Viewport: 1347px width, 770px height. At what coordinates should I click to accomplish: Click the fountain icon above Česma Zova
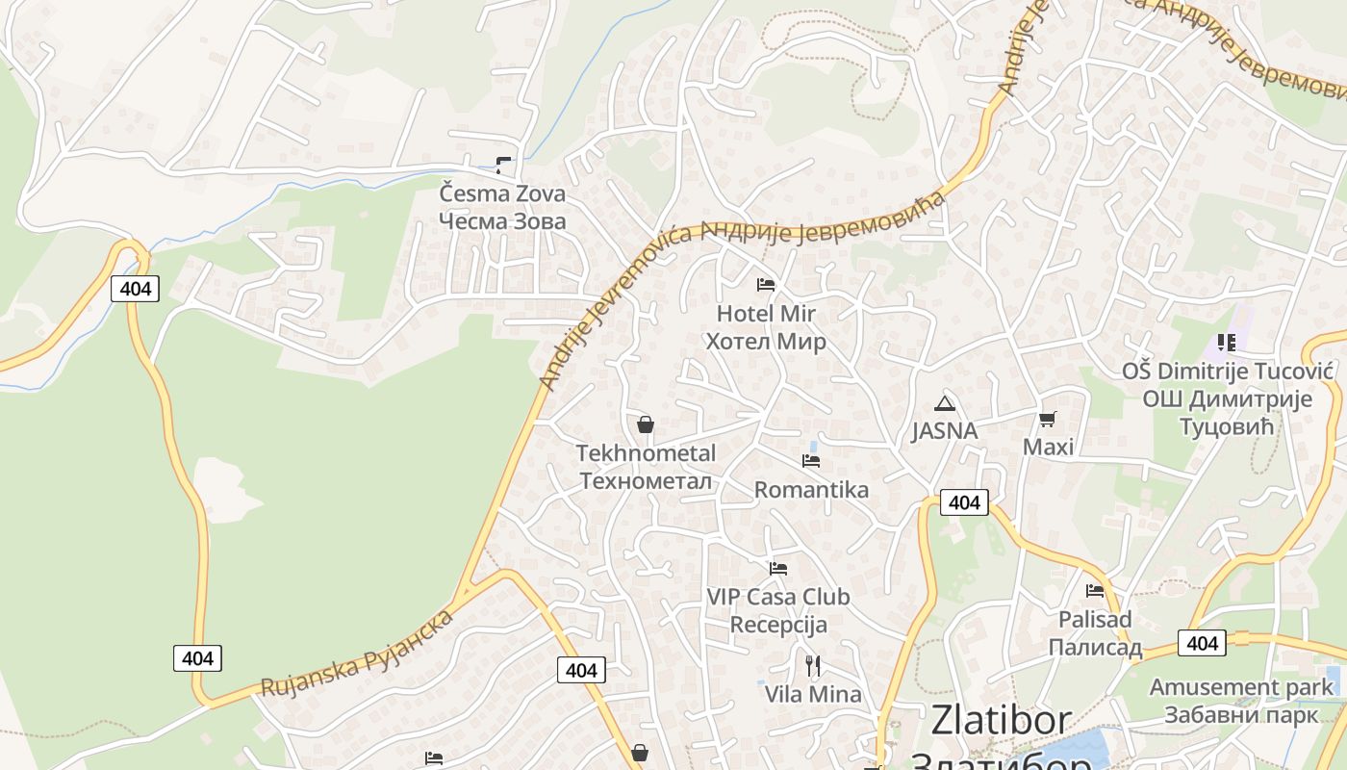pos(503,166)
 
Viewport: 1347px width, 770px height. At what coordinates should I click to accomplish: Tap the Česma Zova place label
pos(502,207)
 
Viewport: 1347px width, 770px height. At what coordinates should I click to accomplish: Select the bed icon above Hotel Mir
pos(766,285)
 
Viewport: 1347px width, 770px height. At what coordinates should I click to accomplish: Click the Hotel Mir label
pos(766,327)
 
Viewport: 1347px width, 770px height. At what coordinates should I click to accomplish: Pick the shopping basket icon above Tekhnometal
pos(646,424)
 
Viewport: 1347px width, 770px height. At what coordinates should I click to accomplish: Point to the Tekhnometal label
pos(646,467)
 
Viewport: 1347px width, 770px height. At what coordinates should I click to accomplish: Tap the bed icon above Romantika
pos(811,461)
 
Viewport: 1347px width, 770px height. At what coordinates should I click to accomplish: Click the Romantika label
pos(811,490)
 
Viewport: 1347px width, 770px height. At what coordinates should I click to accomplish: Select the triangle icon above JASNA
pos(944,403)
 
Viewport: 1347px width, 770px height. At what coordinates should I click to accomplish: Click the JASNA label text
pos(944,430)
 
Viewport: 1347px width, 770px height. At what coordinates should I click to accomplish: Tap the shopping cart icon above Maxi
pos(1047,419)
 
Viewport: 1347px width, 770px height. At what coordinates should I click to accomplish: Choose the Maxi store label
pos(1048,447)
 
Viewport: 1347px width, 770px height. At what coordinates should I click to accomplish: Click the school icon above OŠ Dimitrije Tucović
pos(1226,343)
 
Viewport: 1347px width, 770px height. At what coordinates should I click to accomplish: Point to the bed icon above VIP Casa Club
pos(778,569)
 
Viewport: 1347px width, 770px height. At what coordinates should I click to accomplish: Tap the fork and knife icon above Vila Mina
pos(813,665)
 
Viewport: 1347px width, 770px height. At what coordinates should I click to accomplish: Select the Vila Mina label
pos(813,693)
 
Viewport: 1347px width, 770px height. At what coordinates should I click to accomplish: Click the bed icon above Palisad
pos(1095,591)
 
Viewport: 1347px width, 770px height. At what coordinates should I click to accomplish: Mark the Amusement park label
pos(1241,687)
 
